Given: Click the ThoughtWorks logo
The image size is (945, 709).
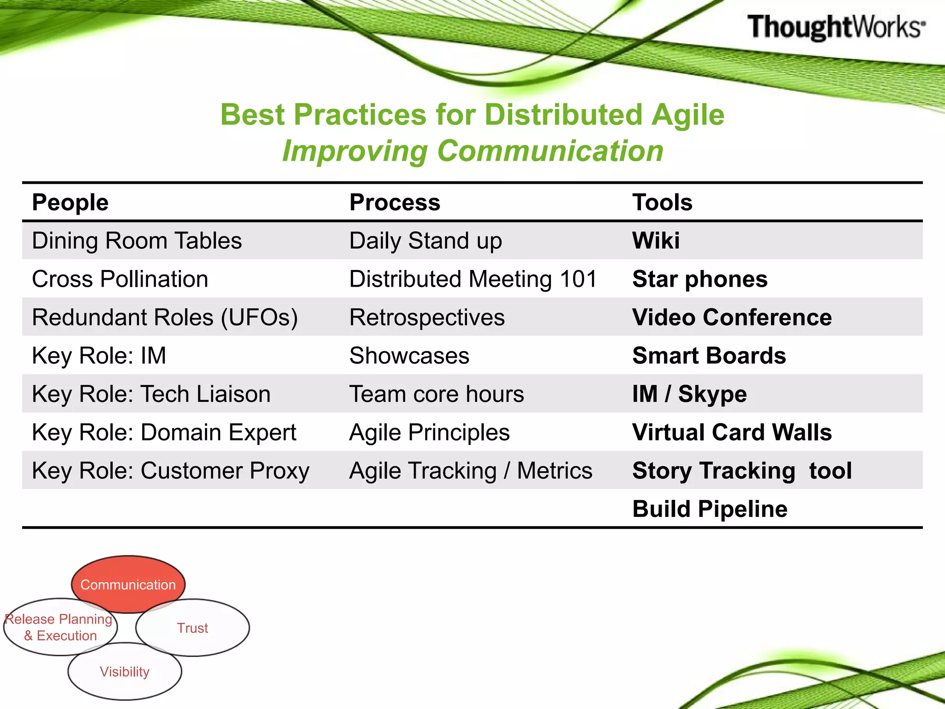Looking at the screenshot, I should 836,27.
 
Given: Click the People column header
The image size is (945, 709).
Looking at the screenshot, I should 70,203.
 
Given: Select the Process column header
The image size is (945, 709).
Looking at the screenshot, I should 395,203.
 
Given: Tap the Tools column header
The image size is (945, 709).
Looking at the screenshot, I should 662,203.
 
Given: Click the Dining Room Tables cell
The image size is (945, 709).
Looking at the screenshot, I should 137,241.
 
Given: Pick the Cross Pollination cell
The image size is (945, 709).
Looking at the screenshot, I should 120,279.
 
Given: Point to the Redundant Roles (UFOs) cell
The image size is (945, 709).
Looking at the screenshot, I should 165,318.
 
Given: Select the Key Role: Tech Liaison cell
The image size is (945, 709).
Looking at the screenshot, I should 151,394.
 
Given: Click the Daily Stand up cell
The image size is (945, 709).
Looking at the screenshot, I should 425,241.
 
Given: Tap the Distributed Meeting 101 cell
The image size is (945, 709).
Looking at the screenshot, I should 473,279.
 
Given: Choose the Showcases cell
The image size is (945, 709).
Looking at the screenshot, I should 409,356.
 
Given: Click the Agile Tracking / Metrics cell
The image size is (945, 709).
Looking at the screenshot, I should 471,471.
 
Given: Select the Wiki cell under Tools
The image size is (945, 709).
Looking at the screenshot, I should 656,241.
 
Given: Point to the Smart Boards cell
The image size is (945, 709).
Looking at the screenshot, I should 709,356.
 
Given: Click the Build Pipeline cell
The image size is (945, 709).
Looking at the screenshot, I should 710,509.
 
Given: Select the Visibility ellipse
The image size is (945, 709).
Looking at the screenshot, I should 125,672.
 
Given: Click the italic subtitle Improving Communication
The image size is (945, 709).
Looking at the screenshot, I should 472,151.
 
